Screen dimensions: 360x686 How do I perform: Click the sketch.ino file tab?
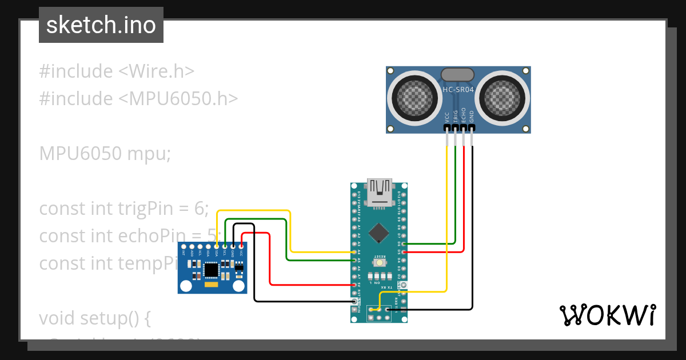pyautogui.click(x=101, y=25)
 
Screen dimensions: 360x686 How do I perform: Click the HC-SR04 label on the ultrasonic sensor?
pyautogui.click(x=458, y=90)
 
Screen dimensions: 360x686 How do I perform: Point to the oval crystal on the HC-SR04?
pyautogui.click(x=458, y=74)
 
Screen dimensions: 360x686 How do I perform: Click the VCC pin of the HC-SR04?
pyautogui.click(x=447, y=129)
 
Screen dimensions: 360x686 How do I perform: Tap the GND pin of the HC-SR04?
pyautogui.click(x=472, y=129)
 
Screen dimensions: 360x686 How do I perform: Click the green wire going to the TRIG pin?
pyautogui.click(x=456, y=194)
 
